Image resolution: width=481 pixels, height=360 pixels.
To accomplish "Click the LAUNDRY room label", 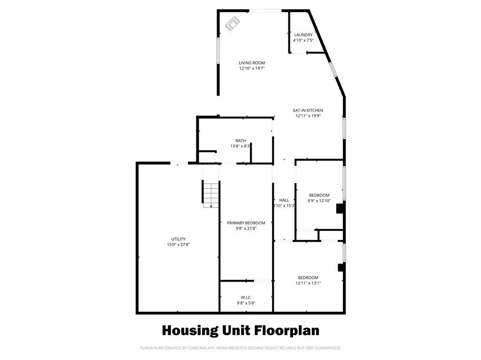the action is click(303, 35).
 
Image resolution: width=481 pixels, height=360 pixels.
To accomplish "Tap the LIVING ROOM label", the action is click(252, 63).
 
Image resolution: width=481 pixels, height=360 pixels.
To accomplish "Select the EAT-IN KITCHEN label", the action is click(308, 110).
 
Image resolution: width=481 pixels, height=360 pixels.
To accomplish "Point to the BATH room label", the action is click(241, 141).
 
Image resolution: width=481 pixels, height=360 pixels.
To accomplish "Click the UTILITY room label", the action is click(178, 239).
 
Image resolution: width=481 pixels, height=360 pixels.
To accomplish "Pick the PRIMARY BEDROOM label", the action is click(246, 223).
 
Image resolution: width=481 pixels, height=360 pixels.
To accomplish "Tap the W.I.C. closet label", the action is click(246, 298).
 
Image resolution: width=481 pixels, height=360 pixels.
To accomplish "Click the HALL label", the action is click(284, 200).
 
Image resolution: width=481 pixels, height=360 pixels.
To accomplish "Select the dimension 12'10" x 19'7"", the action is click(252, 69).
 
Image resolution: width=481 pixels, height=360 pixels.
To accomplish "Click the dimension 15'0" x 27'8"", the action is click(178, 245).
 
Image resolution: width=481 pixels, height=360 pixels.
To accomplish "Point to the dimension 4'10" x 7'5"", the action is click(303, 40).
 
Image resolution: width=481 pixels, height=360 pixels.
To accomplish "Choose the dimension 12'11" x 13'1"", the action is click(308, 283).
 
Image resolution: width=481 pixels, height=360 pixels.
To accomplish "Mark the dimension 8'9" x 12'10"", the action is click(319, 201).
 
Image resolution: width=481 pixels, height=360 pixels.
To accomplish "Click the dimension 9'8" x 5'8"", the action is click(246, 303).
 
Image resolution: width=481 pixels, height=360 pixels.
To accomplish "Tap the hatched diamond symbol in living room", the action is click(232, 23).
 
